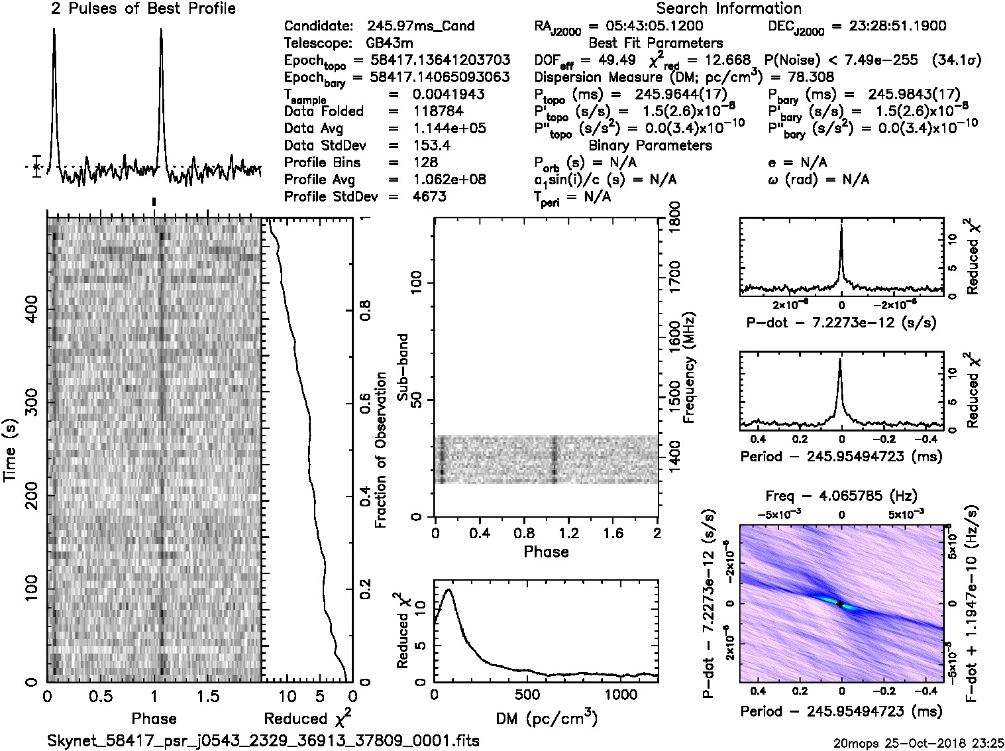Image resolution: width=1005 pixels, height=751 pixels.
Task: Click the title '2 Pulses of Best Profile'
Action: pyautogui.click(x=143, y=9)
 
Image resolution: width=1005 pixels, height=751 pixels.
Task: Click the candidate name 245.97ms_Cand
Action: pyautogui.click(x=420, y=27)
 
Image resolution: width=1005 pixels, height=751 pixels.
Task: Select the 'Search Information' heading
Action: pyautogui.click(x=729, y=9)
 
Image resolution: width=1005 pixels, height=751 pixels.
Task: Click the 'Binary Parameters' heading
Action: pyautogui.click(x=650, y=146)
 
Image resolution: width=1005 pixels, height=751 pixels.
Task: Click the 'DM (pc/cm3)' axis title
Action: pyautogui.click(x=545, y=719)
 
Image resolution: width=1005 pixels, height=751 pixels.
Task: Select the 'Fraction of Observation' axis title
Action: pyautogui.click(x=381, y=450)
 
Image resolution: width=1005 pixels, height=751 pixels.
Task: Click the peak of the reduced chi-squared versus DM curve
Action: pyautogui.click(x=449, y=590)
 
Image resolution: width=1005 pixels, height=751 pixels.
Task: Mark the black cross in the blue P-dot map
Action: pyautogui.click(x=839, y=604)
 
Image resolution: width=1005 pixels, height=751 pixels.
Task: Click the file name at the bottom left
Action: pyautogui.click(x=264, y=740)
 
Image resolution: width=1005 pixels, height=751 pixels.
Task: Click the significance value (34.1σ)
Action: pyautogui.click(x=956, y=61)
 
